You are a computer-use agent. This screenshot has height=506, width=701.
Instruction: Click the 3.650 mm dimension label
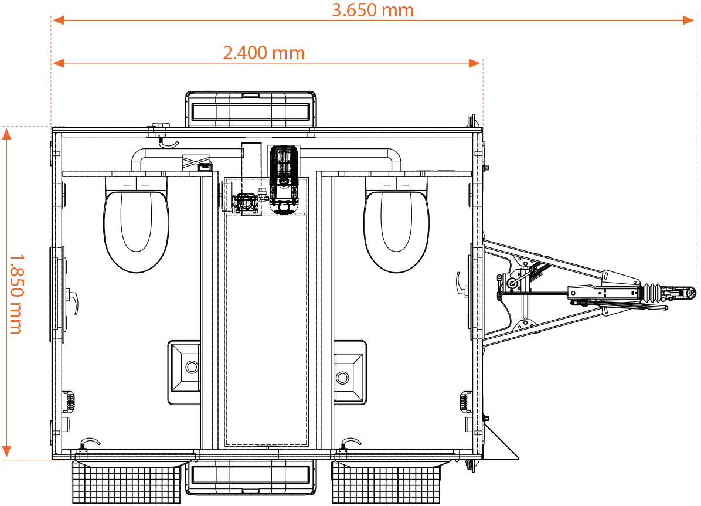[x=373, y=10]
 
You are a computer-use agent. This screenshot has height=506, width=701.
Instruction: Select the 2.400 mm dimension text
[x=264, y=53]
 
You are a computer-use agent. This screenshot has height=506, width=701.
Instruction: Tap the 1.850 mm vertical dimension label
[x=16, y=294]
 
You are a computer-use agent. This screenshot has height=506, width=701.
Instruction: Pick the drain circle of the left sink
[x=192, y=367]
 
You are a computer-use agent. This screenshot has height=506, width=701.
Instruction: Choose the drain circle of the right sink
[x=342, y=378]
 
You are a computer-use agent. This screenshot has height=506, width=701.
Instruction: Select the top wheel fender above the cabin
[x=250, y=109]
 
